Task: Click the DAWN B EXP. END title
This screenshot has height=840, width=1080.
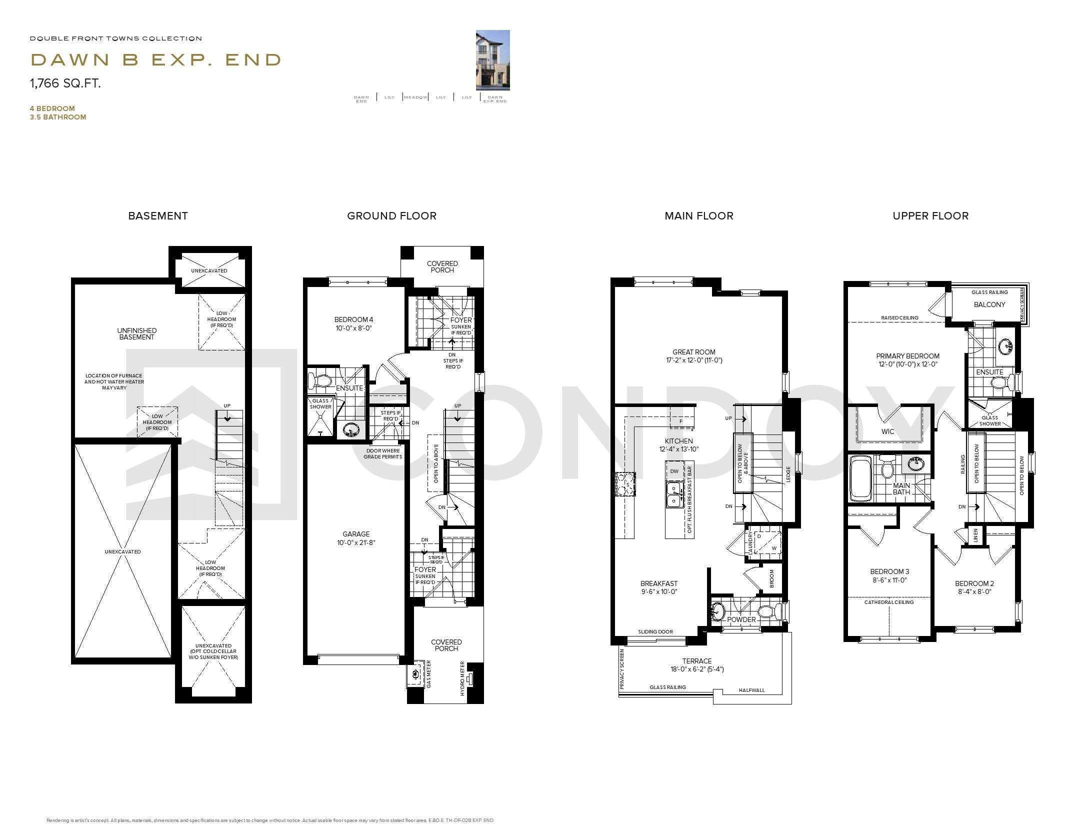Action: tap(156, 60)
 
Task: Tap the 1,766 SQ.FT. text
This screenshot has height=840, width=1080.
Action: tap(65, 83)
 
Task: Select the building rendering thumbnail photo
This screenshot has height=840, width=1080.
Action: tap(492, 60)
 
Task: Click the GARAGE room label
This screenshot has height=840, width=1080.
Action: tap(356, 538)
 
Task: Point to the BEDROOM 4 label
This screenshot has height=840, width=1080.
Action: tap(353, 323)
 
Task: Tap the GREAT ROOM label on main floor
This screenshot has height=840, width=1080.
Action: tap(693, 355)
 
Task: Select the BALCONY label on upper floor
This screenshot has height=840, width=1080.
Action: tap(989, 304)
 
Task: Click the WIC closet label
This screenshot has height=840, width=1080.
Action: tap(887, 431)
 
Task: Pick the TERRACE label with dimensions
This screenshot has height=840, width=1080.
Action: tap(697, 664)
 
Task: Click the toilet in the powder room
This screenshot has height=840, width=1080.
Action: tap(768, 610)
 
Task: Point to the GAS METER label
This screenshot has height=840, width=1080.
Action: tap(428, 674)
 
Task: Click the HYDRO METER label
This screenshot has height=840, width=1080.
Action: tap(462, 678)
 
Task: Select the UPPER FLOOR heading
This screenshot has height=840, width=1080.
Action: tap(930, 216)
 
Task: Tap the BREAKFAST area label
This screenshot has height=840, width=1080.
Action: tap(658, 587)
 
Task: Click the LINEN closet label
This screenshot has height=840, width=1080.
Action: tap(975, 535)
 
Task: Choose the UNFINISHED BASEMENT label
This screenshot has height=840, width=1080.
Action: tap(136, 333)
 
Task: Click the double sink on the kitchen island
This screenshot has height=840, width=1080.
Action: tap(674, 494)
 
